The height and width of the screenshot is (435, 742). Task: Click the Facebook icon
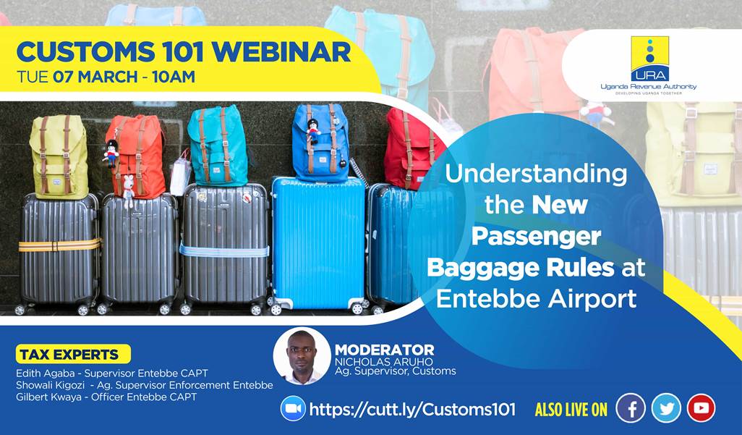631,408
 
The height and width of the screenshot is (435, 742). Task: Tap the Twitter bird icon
666,408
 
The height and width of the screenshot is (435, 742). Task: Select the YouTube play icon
701,408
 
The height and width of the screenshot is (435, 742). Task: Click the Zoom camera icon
293,409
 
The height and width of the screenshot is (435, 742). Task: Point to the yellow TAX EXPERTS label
73,355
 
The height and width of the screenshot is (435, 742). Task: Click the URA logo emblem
649,59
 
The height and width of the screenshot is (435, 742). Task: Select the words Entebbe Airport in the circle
536,298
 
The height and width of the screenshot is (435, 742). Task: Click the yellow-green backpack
58,156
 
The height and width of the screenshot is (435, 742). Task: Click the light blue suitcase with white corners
317,242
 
